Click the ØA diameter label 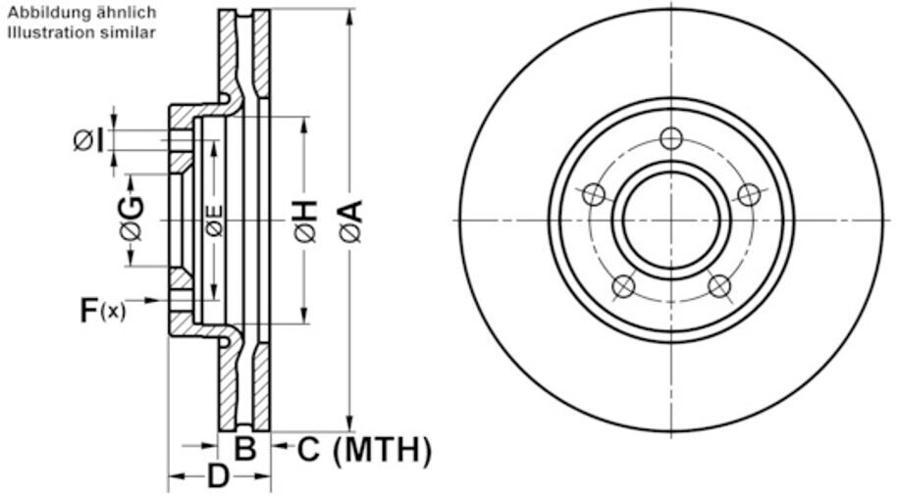pyautogui.click(x=352, y=221)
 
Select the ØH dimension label pyautogui.click(x=306, y=221)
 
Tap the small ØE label pyautogui.click(x=215, y=221)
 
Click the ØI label pyautogui.click(x=89, y=141)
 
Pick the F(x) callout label pyautogui.click(x=102, y=311)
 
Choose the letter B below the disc pyautogui.click(x=245, y=448)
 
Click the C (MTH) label pyautogui.click(x=364, y=450)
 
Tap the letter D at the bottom pyautogui.click(x=218, y=475)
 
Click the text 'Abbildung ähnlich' pyautogui.click(x=81, y=12)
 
